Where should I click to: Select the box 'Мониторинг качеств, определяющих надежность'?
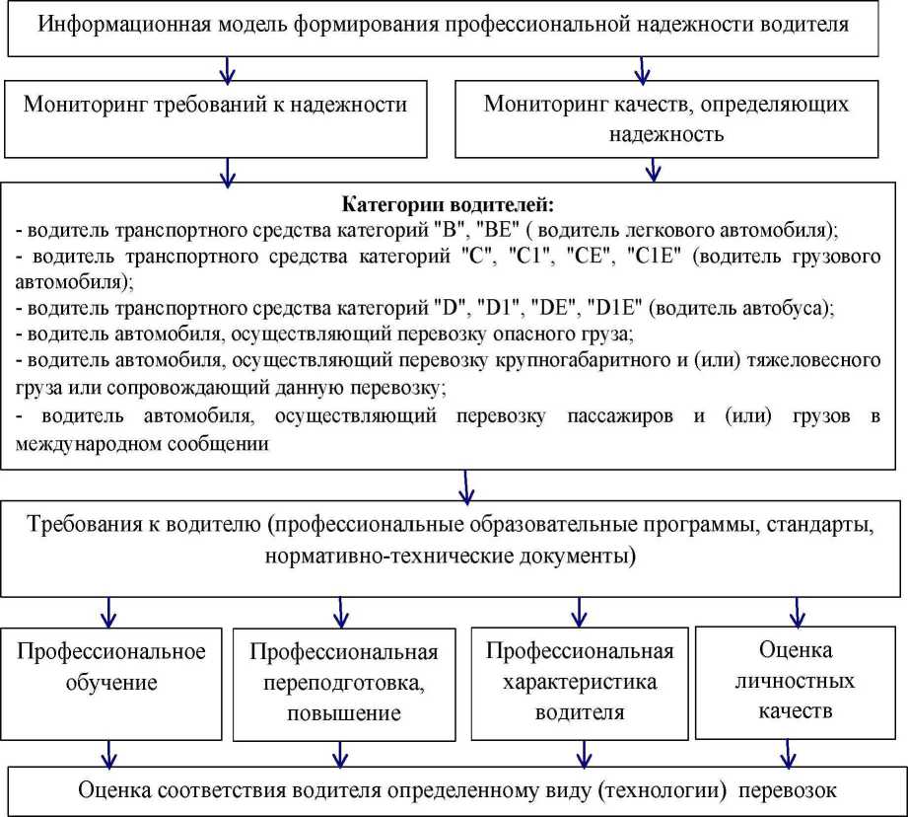click(x=666, y=118)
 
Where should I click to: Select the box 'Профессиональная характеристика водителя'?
click(x=580, y=681)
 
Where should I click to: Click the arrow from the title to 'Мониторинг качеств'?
click(x=643, y=69)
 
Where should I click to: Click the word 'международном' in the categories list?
click(x=80, y=443)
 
